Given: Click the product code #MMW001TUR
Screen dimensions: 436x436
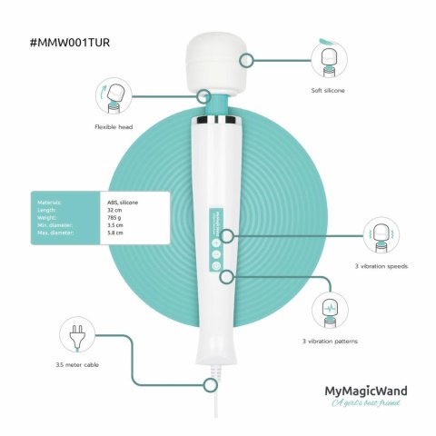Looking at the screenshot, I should [x=73, y=43].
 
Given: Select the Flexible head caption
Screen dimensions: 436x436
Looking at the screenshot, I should [x=112, y=127].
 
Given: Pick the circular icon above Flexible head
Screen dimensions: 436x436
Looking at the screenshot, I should [x=113, y=93].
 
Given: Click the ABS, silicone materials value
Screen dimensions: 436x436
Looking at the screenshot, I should [x=124, y=201].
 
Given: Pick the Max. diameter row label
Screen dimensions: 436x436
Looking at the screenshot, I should [x=56, y=233].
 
